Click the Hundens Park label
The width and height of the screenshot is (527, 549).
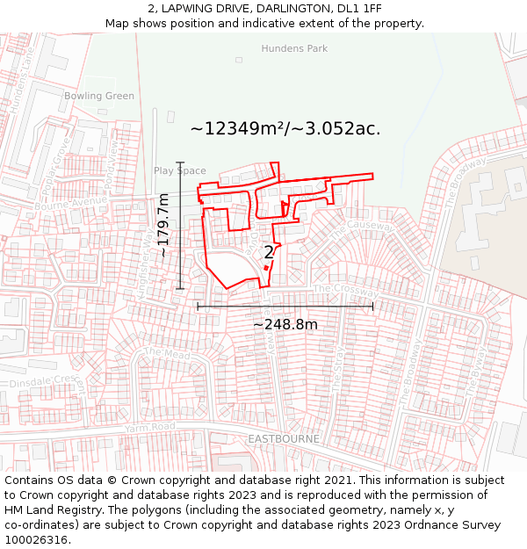[x=294, y=49]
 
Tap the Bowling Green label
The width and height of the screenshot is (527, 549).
[x=99, y=96]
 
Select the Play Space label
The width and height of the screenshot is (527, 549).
[x=180, y=171]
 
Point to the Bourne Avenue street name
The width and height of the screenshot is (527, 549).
[x=70, y=202]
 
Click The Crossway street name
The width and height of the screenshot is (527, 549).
[x=347, y=290]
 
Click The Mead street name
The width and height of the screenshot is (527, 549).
[x=155, y=353]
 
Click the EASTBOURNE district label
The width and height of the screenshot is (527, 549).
[x=283, y=438]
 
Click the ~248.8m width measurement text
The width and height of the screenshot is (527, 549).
[x=285, y=324]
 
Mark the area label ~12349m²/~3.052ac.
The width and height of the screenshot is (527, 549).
[x=285, y=128]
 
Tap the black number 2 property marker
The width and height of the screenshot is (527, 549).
[x=269, y=252]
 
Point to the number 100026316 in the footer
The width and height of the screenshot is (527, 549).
[x=36, y=539]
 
